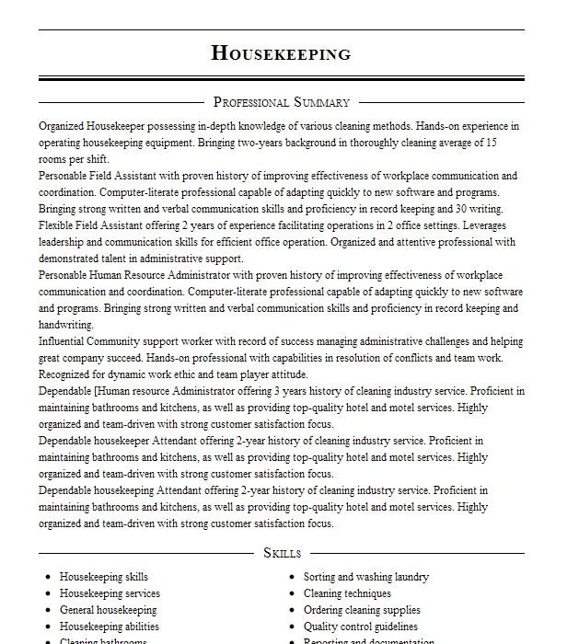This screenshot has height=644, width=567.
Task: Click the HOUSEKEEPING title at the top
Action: coord(281,53)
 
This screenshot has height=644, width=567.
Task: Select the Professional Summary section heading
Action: coord(281,102)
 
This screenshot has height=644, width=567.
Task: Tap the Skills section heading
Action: coord(282,553)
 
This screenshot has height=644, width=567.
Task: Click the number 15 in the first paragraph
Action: coord(491,143)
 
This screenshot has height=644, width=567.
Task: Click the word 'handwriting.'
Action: coord(66,325)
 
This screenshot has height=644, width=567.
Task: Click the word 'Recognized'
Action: coord(69,374)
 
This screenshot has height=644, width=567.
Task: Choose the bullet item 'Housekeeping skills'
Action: coord(104,577)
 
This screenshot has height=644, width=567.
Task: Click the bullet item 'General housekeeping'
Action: coord(108,610)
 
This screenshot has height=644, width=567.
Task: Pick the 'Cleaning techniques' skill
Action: coord(348,593)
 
